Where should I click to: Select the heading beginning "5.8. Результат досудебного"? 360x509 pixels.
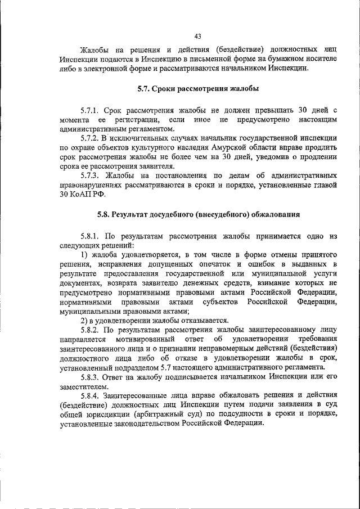point(197,214)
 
